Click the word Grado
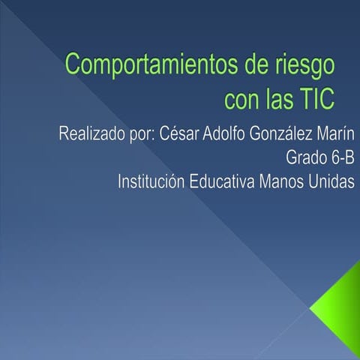tap(306, 159)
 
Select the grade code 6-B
tap(341, 158)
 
